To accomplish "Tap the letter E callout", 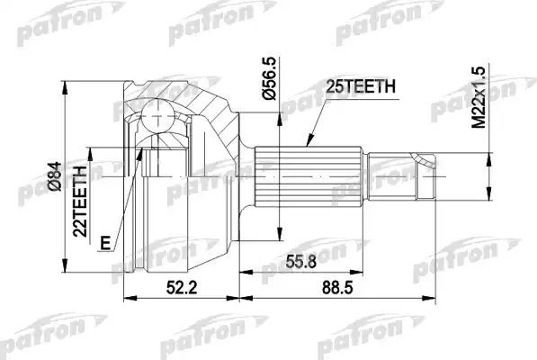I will click(x=107, y=242).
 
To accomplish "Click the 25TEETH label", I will click(x=354, y=88).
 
